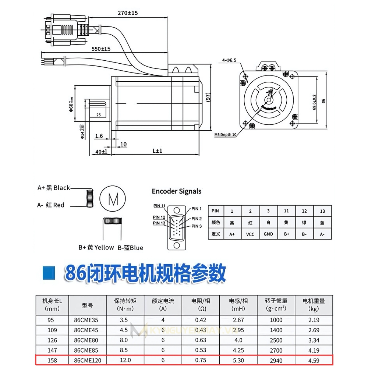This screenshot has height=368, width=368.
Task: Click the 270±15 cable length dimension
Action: pyautogui.click(x=127, y=13)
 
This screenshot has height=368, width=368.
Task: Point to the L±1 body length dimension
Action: pyautogui.click(x=157, y=151)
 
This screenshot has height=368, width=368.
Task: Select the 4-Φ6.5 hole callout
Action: pyautogui.click(x=229, y=60)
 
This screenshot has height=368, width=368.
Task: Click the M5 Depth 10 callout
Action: pyautogui.click(x=225, y=135)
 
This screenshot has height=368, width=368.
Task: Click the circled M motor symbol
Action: pyautogui.click(x=114, y=199)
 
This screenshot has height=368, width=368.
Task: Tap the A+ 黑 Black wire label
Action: pyautogui.click(x=53, y=188)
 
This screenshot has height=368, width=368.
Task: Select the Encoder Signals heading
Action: pyautogui.click(x=177, y=191)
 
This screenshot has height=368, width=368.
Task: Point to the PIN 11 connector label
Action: pyautogui.click(x=159, y=206)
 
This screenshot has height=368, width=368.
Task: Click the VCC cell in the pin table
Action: pyautogui.click(x=250, y=234)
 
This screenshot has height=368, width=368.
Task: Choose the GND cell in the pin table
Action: pyautogui.click(x=268, y=234)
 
